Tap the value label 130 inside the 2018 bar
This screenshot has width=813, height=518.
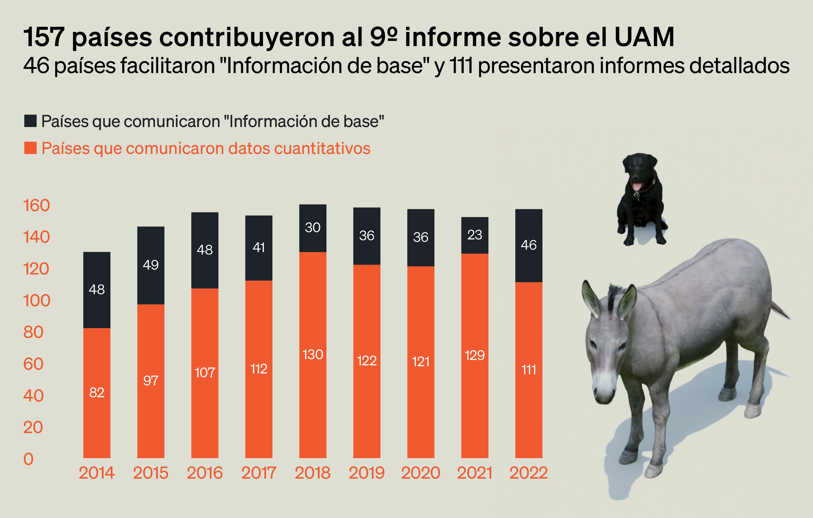(x=313, y=354)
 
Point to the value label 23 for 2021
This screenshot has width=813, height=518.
(x=474, y=235)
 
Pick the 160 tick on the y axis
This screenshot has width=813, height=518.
(x=36, y=205)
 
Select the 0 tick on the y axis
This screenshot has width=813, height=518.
(x=28, y=459)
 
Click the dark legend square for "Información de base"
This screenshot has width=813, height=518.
(x=31, y=121)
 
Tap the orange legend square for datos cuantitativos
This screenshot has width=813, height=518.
(x=31, y=148)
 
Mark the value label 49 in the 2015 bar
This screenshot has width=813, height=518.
(x=151, y=265)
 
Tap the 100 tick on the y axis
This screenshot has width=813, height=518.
(x=36, y=300)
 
